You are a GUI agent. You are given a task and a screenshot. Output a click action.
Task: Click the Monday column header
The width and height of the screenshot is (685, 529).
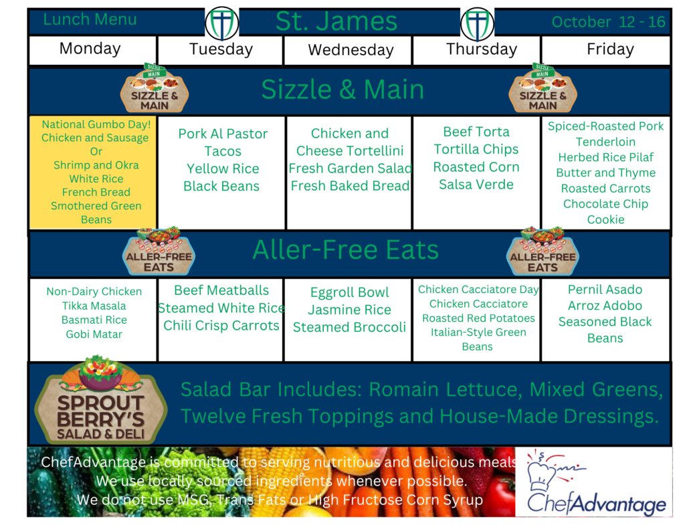(90, 49)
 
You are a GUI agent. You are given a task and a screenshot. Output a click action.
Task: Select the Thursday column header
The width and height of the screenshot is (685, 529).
(482, 49)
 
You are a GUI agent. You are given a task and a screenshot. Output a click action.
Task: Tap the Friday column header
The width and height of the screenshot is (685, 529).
(610, 49)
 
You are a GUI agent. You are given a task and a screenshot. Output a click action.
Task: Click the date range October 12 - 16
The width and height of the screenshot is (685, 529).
(609, 22)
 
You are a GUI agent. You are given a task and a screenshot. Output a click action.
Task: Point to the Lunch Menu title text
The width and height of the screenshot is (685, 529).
(90, 19)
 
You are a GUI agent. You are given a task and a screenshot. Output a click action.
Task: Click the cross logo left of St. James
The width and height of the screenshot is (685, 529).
(222, 23)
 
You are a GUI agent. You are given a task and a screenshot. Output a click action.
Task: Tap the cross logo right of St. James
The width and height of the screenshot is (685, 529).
(477, 23)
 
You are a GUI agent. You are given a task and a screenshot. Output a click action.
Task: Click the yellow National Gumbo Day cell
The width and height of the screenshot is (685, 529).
(92, 172)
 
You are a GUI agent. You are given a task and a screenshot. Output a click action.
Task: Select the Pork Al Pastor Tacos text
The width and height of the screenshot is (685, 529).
(223, 142)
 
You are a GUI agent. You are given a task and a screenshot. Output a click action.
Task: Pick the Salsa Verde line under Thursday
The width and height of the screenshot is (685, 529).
(476, 185)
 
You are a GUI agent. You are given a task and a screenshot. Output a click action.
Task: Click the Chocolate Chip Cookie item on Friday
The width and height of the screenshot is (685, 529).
(605, 212)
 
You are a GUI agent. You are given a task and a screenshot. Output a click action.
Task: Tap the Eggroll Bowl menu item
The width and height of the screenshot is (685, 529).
(349, 292)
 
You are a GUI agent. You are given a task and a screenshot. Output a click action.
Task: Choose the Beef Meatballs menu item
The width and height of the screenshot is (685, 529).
(221, 290)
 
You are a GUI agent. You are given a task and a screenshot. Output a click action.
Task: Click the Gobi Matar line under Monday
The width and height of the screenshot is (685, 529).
(94, 334)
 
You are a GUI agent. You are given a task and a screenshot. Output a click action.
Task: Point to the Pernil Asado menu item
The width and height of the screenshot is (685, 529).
(605, 289)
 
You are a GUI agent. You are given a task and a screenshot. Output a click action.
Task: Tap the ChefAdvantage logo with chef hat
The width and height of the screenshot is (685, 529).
(594, 482)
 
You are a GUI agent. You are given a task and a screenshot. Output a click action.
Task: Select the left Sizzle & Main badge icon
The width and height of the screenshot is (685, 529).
(155, 88)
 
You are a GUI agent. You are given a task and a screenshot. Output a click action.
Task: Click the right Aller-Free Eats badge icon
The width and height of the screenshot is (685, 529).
(543, 251)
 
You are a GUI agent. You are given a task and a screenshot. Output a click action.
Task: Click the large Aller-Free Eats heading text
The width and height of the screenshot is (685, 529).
(346, 250)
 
